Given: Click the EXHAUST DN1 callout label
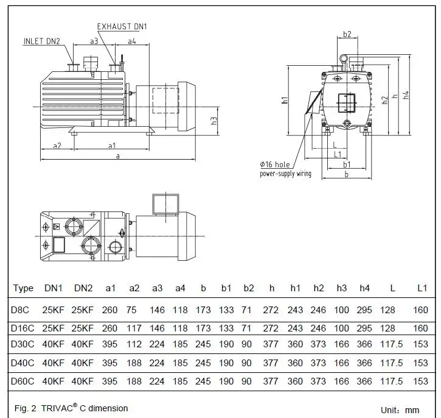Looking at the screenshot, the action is [122, 26].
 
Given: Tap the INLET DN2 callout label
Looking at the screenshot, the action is [42, 41].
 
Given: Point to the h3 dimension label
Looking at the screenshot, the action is [214, 121].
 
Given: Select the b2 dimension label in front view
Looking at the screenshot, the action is [347, 34].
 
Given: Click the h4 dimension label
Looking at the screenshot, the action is [406, 95].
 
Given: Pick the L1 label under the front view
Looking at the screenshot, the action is [338, 154].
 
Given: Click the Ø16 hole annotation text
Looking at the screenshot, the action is [275, 165].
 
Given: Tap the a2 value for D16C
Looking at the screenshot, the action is [134, 328].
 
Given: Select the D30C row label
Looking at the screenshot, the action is [23, 344].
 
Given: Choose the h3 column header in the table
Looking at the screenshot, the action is [341, 288].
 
